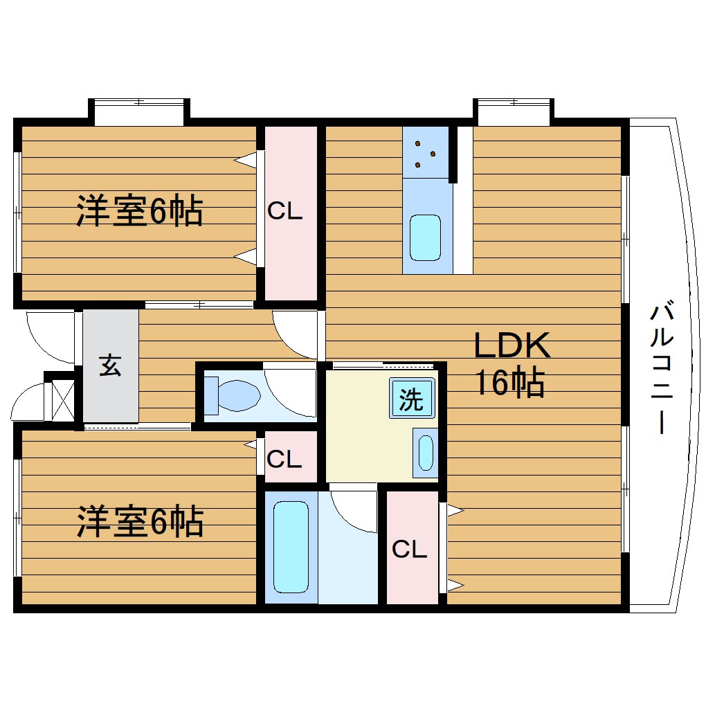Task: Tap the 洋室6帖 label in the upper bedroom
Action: [139, 211]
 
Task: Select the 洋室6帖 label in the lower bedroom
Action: [139, 522]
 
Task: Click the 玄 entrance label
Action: [110, 365]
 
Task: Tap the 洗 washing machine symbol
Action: [412, 399]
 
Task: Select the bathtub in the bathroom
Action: [289, 547]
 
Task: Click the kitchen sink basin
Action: [425, 237]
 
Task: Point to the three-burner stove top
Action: [425, 154]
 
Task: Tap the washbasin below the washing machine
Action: [425, 453]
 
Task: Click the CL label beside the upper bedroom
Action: [285, 212]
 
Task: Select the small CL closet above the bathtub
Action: [285, 458]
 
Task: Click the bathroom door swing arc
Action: [353, 512]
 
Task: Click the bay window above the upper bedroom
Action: [139, 112]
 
